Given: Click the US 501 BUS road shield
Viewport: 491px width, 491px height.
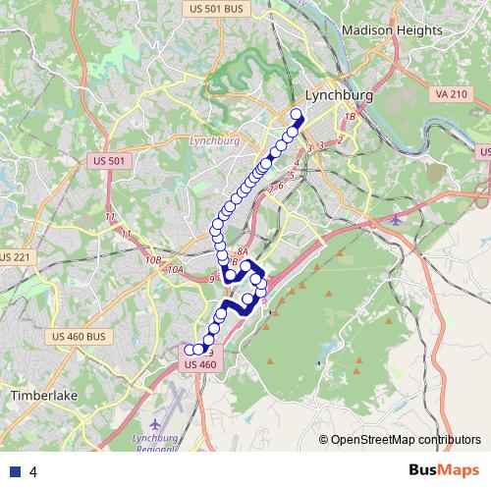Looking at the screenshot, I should point(212,8).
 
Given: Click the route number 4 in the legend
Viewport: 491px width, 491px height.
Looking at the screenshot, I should point(33,471).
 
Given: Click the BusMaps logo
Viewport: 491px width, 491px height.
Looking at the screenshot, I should point(442,470).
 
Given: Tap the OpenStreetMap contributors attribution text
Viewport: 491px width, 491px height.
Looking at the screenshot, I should point(405,440).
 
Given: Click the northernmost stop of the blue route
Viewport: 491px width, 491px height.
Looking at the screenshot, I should point(297,114).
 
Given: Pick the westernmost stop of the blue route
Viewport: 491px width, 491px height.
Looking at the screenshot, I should point(189,349).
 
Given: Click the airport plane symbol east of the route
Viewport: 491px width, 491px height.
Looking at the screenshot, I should point(396,218).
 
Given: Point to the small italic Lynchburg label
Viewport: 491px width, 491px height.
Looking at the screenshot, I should point(213,140).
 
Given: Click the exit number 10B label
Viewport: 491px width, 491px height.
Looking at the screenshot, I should point(152,259).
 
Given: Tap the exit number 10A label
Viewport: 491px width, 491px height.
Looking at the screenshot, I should point(175,269).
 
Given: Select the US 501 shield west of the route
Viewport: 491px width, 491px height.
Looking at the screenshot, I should point(110,160).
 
